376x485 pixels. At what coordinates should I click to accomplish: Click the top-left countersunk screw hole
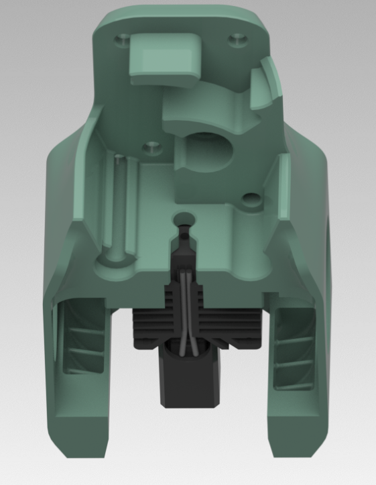pyautogui.click(x=121, y=40)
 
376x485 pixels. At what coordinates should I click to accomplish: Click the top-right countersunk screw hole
pyautogui.click(x=236, y=40)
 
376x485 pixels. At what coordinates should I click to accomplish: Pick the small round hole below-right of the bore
pyautogui.click(x=251, y=199)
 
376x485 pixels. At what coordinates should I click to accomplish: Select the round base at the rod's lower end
pyautogui.click(x=115, y=259)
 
